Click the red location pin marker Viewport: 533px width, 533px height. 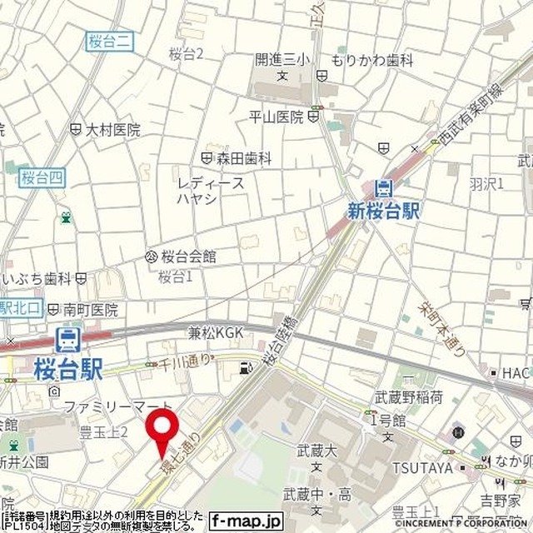point(162,429)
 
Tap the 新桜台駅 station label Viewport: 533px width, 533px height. point(384,212)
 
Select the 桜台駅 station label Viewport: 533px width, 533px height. point(68,367)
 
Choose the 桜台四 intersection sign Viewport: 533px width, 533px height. point(42,177)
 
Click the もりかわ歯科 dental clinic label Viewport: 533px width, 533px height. point(371,60)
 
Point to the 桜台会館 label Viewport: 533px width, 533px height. point(188,257)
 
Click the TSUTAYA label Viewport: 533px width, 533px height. point(422,467)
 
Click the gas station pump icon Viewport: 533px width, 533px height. point(244,367)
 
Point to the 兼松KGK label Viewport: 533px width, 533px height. point(216,333)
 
